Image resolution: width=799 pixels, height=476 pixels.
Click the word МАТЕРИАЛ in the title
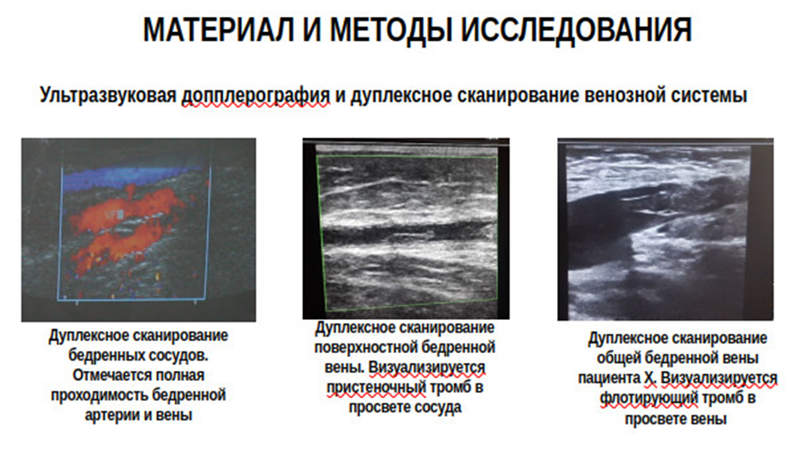pos(218,30)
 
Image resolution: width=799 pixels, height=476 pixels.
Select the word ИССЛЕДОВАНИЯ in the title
pos(577,30)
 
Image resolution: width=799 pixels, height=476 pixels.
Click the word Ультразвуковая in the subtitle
pos(108,95)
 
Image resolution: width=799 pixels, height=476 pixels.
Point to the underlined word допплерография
pos(256,95)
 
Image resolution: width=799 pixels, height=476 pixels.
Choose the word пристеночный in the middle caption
pos(376,388)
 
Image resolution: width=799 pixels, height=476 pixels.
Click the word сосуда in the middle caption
pos(437,407)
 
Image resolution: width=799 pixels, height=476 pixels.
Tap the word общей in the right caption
pos(616,358)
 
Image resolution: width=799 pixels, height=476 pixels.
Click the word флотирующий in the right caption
pos(648,398)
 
